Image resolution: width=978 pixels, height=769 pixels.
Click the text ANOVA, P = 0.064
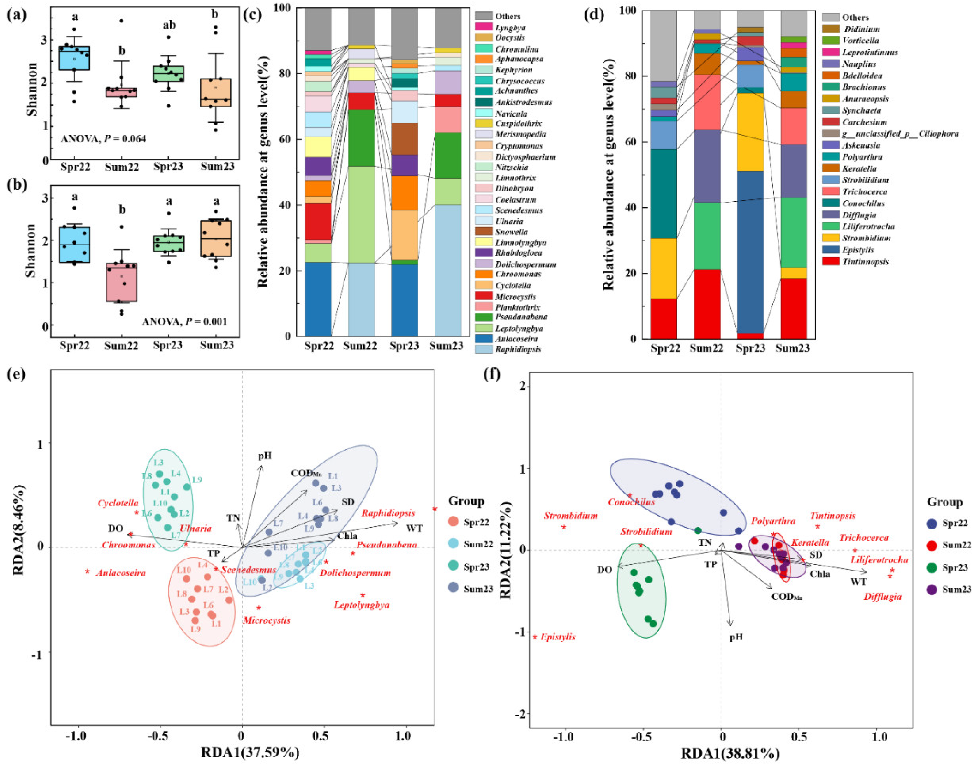104,139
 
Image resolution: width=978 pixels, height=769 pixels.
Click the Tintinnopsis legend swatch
830,261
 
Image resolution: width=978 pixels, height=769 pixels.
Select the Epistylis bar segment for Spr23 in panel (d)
750,252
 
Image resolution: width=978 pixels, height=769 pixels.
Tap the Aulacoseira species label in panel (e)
120,573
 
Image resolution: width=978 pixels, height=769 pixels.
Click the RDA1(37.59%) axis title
250,753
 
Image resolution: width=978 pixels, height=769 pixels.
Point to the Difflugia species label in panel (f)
883,597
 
